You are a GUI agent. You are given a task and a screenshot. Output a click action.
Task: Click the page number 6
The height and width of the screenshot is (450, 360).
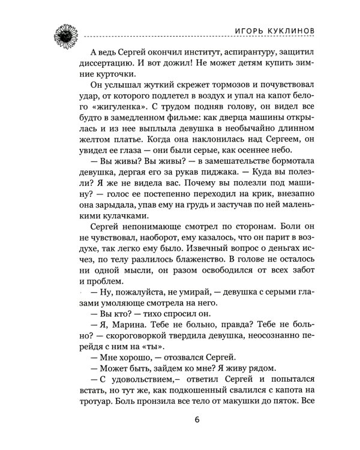coord(197,418)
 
